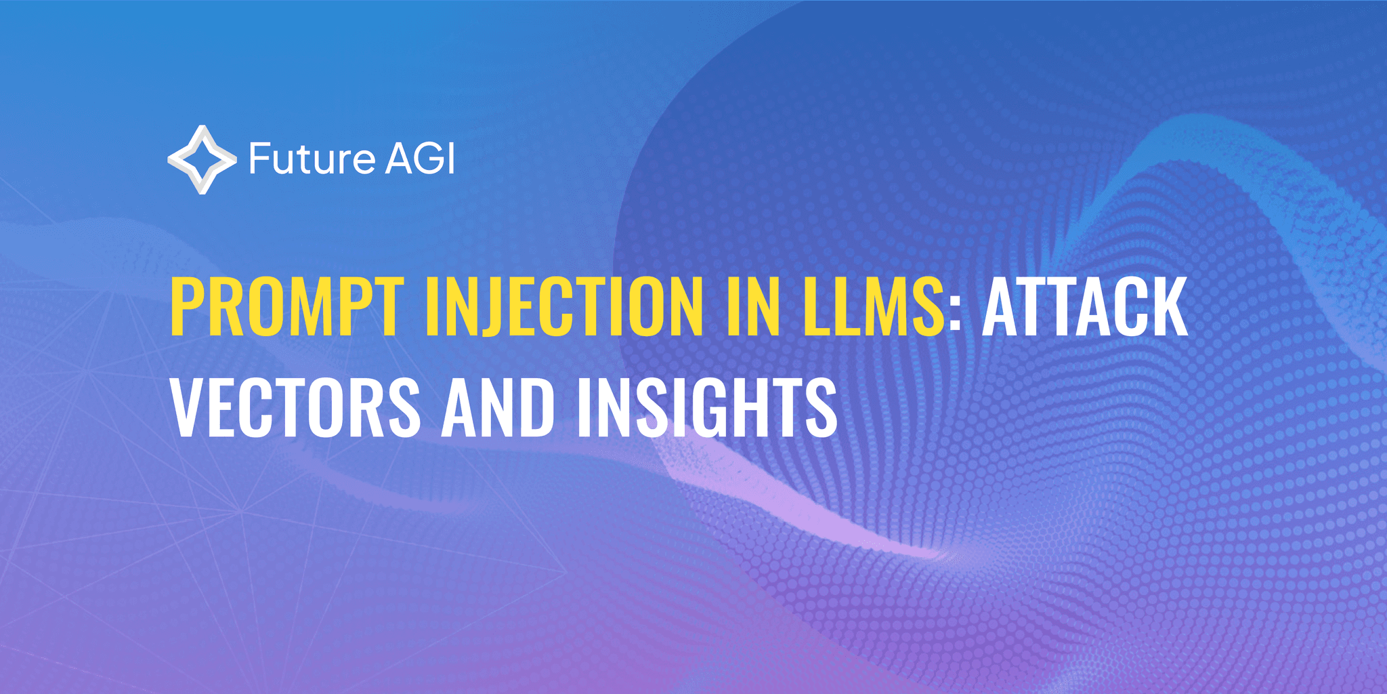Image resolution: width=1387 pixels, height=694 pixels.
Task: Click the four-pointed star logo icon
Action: (202, 160)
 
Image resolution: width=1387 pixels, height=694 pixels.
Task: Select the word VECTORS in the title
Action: (295, 408)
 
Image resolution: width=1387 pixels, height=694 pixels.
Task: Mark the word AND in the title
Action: (498, 408)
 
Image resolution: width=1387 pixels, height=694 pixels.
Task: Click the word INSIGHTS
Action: (707, 408)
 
